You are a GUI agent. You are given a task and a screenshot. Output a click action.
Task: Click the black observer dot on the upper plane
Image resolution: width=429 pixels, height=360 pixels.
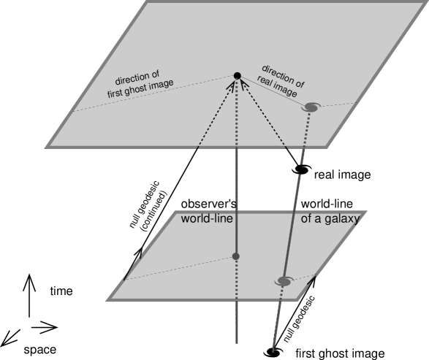pyautogui.click(x=237, y=76)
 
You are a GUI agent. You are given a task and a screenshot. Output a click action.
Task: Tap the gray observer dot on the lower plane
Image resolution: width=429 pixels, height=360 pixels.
pyautogui.click(x=235, y=256)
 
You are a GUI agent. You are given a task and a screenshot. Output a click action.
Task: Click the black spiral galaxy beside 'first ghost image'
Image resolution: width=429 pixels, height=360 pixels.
pyautogui.click(x=273, y=353)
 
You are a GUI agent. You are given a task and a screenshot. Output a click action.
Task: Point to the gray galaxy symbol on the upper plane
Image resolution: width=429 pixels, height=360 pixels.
pyautogui.click(x=311, y=108)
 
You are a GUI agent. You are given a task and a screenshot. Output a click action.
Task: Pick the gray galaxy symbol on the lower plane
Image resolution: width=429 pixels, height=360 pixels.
pyautogui.click(x=284, y=281)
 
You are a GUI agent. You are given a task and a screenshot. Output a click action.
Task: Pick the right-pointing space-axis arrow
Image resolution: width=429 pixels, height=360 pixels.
pyautogui.click(x=45, y=326)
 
